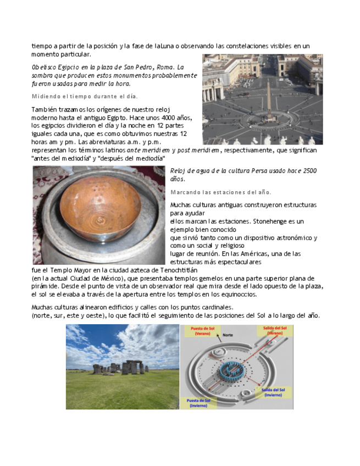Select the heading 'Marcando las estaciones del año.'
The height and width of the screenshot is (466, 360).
click(x=221, y=192)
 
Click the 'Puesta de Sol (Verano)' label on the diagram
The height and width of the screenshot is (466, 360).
click(x=201, y=331)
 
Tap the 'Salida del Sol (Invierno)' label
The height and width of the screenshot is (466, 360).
click(x=273, y=392)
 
